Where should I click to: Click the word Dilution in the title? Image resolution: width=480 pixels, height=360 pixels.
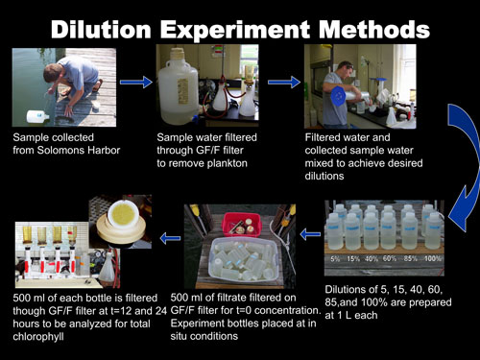(x=101, y=30)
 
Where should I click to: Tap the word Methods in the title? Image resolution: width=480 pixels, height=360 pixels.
(x=374, y=30)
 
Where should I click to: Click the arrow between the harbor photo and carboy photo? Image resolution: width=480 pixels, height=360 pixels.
(x=136, y=82)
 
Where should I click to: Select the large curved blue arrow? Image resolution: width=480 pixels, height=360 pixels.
(x=465, y=166)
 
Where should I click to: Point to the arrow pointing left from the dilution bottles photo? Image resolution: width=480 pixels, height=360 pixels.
(x=310, y=234)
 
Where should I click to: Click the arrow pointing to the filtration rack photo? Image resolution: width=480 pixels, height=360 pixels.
(x=170, y=238)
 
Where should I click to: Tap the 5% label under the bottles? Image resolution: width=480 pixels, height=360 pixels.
(x=335, y=258)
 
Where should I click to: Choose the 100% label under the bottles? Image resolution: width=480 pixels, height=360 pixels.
(x=433, y=258)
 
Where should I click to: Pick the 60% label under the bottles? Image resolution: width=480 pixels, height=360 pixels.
(x=390, y=258)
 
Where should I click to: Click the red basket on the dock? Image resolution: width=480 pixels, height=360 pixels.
(x=242, y=224)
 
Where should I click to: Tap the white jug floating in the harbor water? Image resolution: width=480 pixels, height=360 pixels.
(x=37, y=116)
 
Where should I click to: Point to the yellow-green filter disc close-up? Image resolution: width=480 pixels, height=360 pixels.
(x=123, y=213)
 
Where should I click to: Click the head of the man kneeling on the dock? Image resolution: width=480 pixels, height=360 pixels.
(x=53, y=74)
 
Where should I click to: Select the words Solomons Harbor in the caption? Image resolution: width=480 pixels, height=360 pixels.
(x=79, y=150)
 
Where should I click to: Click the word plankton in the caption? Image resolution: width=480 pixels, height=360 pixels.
(x=227, y=163)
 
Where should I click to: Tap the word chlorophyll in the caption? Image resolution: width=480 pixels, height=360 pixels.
(x=38, y=337)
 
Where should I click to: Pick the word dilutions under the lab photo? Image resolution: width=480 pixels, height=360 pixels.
(x=324, y=176)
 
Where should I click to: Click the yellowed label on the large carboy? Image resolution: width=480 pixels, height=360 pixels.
(x=182, y=91)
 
